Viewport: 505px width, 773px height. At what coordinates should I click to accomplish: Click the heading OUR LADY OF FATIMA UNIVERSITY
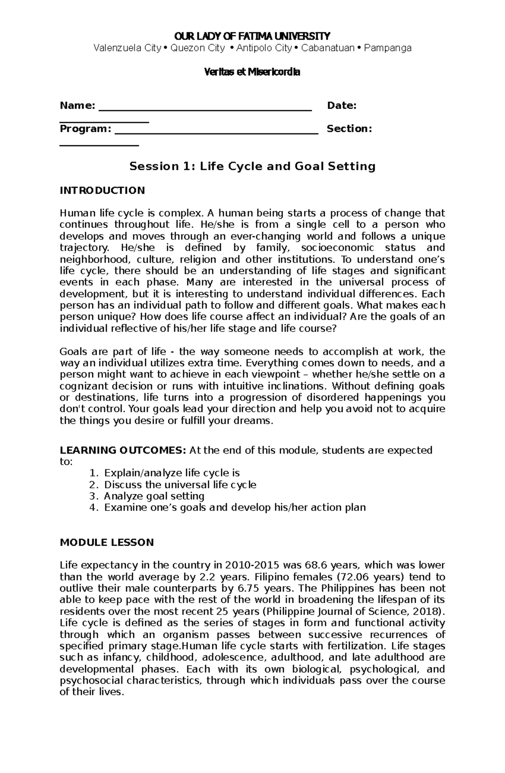click(x=252, y=35)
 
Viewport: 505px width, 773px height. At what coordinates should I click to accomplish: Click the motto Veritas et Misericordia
click(x=252, y=72)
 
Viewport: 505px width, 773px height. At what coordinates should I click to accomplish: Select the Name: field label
click(x=77, y=105)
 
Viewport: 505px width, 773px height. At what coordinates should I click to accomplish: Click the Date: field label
click(x=342, y=105)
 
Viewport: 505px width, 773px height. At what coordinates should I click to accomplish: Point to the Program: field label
click(x=85, y=128)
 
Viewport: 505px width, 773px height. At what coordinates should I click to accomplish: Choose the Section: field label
click(x=349, y=128)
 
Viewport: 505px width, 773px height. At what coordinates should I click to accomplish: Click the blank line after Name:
click(x=205, y=109)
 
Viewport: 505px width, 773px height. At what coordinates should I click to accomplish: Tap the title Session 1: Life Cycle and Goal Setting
click(x=252, y=166)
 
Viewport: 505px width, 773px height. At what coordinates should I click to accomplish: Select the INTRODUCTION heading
click(x=102, y=190)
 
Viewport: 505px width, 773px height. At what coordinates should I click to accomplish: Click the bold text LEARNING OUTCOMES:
click(x=122, y=450)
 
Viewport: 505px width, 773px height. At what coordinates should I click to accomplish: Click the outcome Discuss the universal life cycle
click(x=180, y=484)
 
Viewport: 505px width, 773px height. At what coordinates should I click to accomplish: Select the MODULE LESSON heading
click(x=107, y=542)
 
